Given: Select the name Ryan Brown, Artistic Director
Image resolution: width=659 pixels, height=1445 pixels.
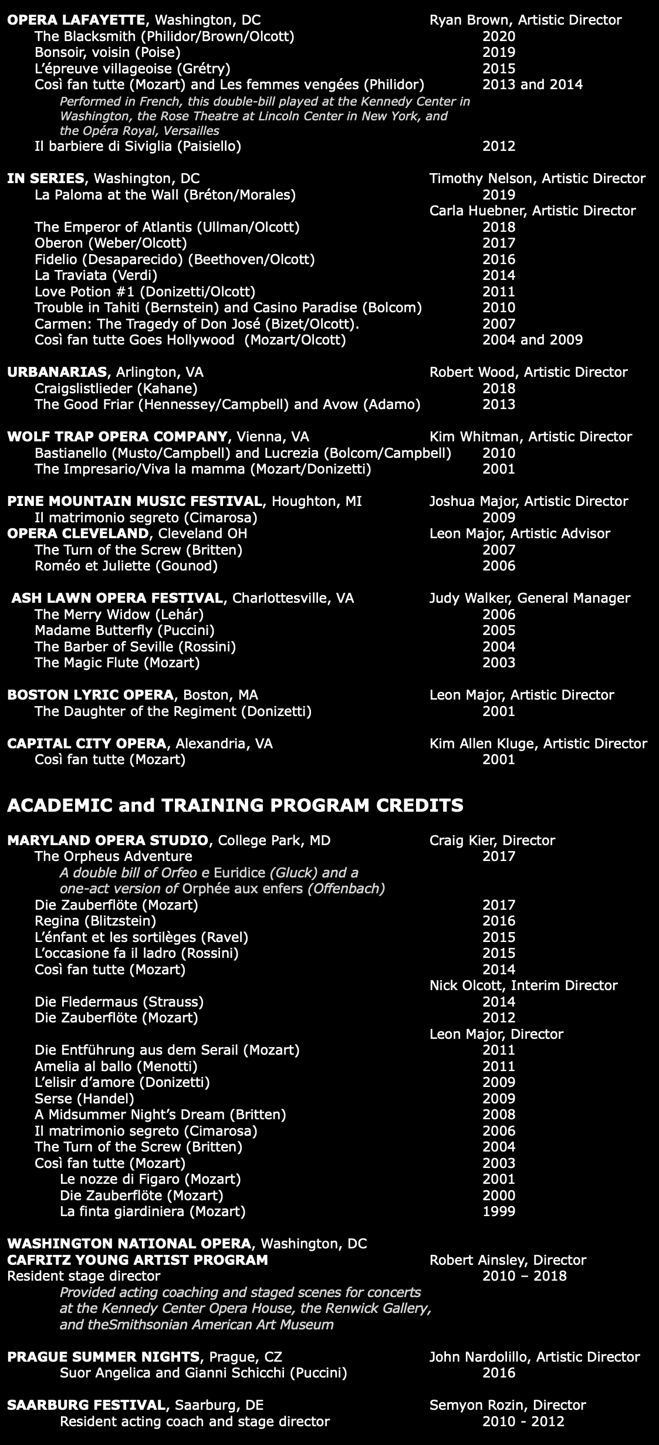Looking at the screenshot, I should pyautogui.click(x=525, y=21).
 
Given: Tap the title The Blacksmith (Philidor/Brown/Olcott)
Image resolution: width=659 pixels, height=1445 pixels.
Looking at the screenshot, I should pyautogui.click(x=164, y=36).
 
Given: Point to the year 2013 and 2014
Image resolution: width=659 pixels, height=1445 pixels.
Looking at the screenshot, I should pyautogui.click(x=532, y=85).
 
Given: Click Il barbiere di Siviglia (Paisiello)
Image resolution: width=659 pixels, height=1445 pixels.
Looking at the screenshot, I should pyautogui.click(x=138, y=146).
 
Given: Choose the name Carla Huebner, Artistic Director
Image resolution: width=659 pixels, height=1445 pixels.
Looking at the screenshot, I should pyautogui.click(x=532, y=211).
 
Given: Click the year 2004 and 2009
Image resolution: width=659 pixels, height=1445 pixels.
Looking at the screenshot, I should pyautogui.click(x=532, y=340).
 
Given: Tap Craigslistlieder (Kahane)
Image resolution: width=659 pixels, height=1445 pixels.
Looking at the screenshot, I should pyautogui.click(x=116, y=389).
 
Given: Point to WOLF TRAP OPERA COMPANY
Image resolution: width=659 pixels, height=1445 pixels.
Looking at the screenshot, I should pyautogui.click(x=117, y=437).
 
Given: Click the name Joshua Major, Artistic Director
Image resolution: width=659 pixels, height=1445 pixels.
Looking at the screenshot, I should pyautogui.click(x=528, y=501).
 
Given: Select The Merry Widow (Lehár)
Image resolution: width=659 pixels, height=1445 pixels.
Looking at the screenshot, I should pyautogui.click(x=119, y=615).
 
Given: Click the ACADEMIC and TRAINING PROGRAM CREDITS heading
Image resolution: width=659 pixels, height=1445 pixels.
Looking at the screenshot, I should pyautogui.click(x=235, y=805).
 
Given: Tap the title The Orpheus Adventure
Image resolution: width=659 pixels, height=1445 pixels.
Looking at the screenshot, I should pyautogui.click(x=113, y=856).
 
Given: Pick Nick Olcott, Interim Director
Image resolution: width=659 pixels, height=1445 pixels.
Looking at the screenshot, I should pyautogui.click(x=523, y=985).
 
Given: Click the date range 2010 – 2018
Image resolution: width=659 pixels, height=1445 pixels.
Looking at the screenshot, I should pyautogui.click(x=524, y=1276).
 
